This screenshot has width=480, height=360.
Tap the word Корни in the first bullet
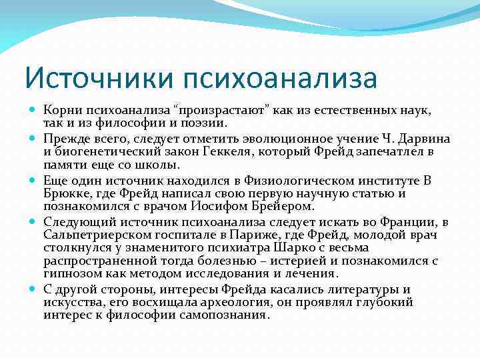[62, 109]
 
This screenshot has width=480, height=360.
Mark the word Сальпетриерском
[94, 235]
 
